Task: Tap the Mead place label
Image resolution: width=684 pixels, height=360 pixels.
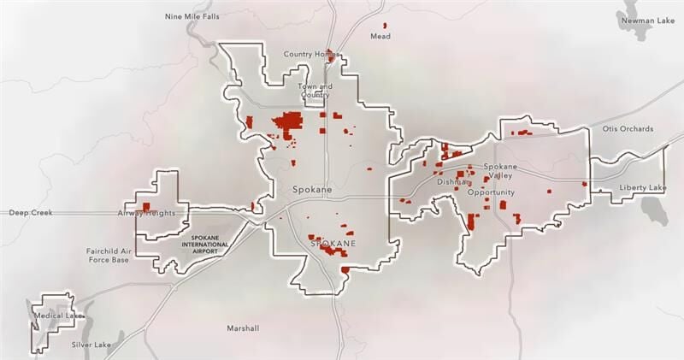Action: coord(380,37)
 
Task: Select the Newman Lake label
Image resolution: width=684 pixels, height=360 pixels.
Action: coord(646,19)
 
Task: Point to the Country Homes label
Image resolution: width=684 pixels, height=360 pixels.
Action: coord(311,55)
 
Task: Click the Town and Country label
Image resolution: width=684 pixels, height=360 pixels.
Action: coord(314,90)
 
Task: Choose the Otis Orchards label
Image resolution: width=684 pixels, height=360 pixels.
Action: coord(628,129)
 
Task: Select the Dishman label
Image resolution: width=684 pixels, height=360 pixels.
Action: coord(452,182)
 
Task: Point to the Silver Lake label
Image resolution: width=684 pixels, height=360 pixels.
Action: coord(91,345)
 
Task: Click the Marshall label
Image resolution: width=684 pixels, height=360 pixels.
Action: coord(243,328)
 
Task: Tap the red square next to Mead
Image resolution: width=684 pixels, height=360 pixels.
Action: coord(384,26)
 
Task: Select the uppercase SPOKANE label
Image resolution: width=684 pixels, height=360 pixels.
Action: coord(332,244)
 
